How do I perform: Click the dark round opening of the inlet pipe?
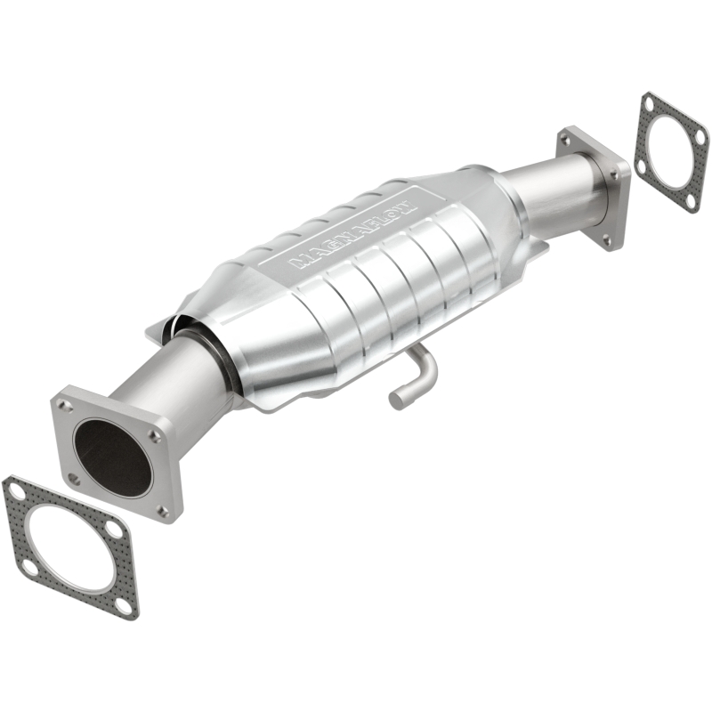coord(111,457)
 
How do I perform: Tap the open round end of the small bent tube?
coord(397,399)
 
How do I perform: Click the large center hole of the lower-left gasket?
coord(69,544)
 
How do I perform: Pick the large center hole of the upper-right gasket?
coord(673,152)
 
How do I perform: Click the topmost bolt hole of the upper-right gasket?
coord(651,104)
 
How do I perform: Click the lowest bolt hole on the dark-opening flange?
coord(161,510)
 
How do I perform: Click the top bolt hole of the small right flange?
coord(568,139)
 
